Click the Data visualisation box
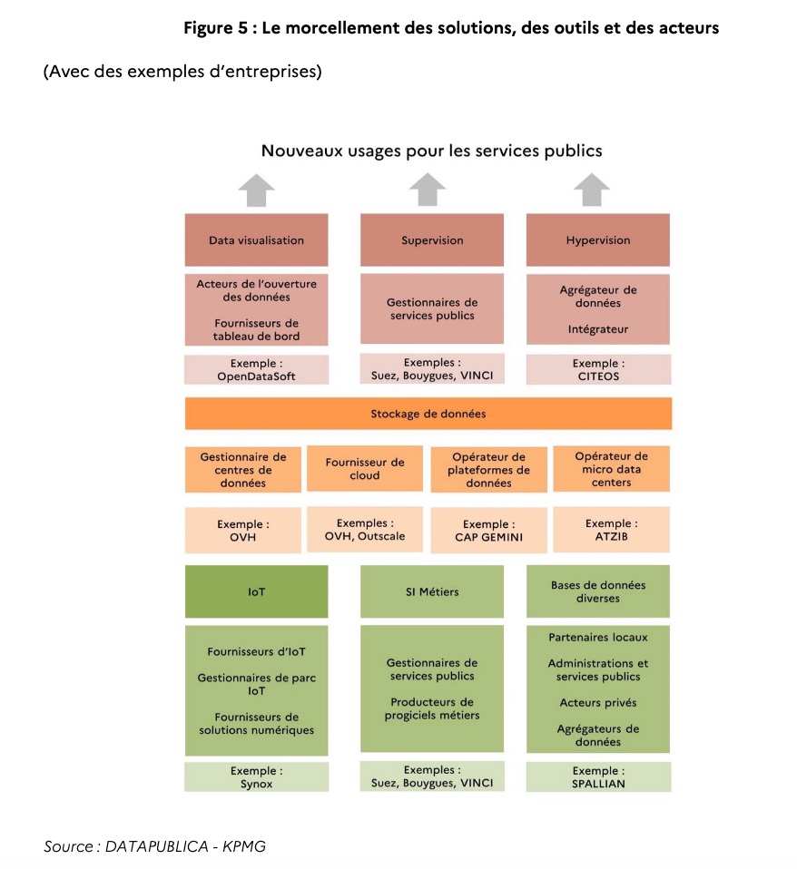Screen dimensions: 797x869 [x=256, y=240]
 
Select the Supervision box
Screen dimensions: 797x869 [x=432, y=240]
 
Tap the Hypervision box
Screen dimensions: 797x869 [x=598, y=240]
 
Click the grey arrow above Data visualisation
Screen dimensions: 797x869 [x=256, y=190]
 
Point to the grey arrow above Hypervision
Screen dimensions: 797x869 [x=592, y=190]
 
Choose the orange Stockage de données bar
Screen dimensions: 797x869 [x=428, y=414]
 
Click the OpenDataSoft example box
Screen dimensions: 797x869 [x=256, y=370]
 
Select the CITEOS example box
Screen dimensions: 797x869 [x=598, y=370]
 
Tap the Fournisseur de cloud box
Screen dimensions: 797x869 [x=365, y=469]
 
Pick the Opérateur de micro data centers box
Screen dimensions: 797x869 [x=611, y=469]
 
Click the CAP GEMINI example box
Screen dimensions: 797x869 [x=488, y=531]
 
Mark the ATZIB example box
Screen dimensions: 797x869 [x=611, y=530]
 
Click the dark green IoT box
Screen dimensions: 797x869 [x=256, y=591]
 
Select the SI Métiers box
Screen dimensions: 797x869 [x=432, y=591]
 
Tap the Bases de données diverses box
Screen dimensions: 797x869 [x=598, y=591]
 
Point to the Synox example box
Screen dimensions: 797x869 [x=256, y=777]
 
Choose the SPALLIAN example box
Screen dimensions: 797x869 [x=598, y=777]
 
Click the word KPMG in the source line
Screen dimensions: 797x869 [x=244, y=846]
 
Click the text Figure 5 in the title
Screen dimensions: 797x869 [x=216, y=28]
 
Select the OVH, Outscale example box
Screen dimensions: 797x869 [x=365, y=530]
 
